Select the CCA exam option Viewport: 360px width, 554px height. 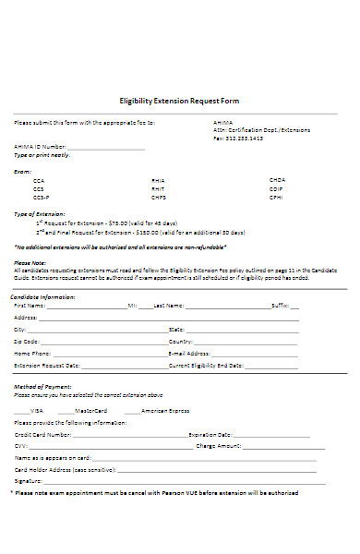click(x=38, y=179)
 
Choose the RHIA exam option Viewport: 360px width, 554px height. click(x=158, y=179)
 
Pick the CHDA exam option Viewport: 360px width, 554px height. click(x=278, y=179)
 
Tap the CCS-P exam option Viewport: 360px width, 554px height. click(x=41, y=198)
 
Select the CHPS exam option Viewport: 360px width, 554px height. click(x=159, y=198)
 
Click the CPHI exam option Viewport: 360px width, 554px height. click(x=277, y=198)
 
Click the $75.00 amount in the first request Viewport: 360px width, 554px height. click(x=120, y=223)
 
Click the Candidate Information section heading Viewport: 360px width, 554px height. click(x=43, y=296)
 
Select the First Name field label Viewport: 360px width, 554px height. click(x=30, y=305)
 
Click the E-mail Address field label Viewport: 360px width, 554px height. click(x=191, y=353)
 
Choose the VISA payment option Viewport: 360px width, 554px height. click(x=37, y=410)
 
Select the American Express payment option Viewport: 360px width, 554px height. click(x=165, y=410)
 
